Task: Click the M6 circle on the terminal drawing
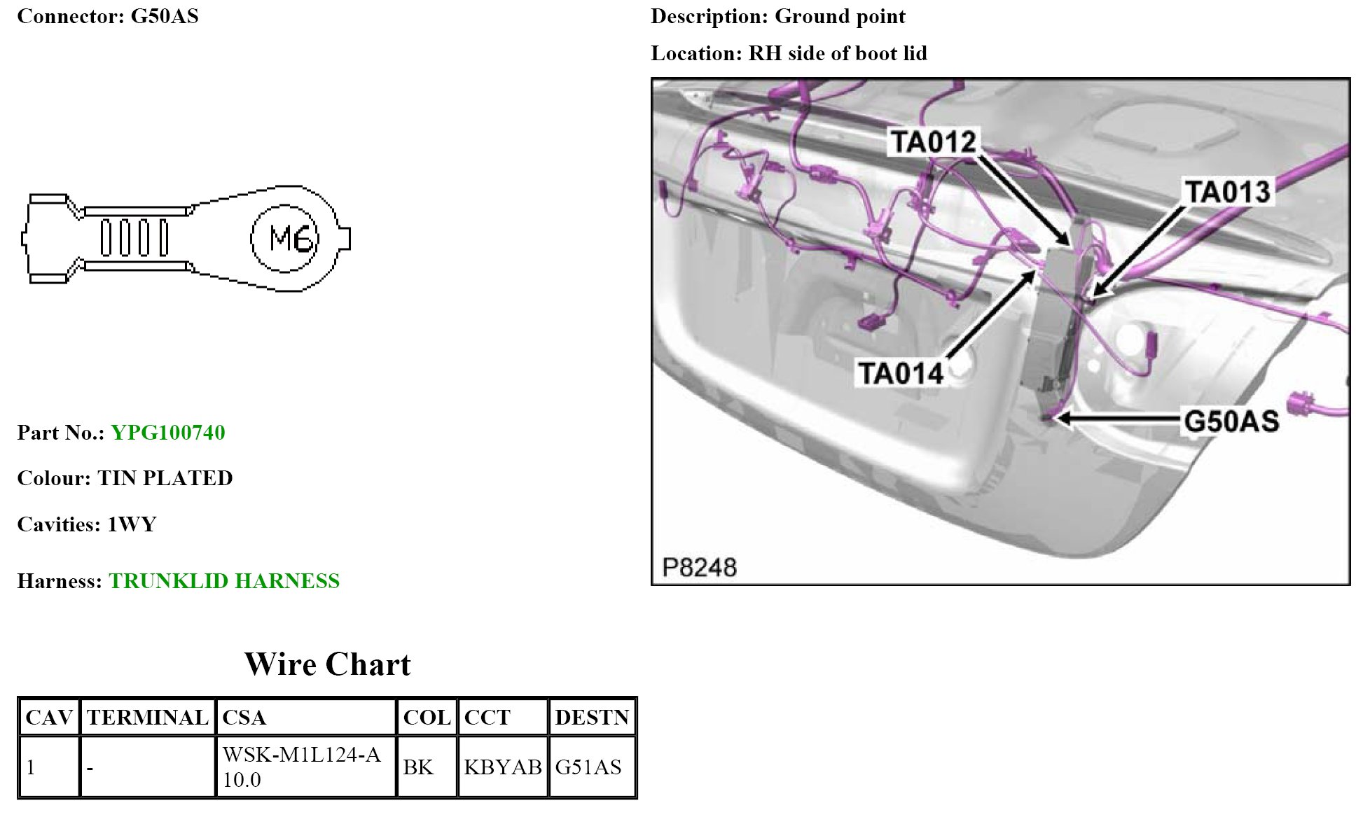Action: click(284, 239)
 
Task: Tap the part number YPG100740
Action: click(168, 433)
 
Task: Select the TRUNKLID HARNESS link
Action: click(224, 581)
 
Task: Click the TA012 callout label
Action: click(933, 142)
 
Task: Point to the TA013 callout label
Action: click(1227, 192)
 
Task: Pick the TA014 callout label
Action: click(901, 373)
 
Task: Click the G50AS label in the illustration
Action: click(1231, 421)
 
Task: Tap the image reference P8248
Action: click(699, 567)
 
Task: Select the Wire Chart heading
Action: click(327, 664)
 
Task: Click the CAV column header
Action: click(49, 718)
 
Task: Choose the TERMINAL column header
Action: click(148, 718)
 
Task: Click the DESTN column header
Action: click(592, 718)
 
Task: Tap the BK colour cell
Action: click(418, 767)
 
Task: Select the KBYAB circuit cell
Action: click(503, 767)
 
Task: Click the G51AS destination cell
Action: click(588, 767)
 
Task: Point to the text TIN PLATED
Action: click(165, 478)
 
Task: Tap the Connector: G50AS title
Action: click(108, 16)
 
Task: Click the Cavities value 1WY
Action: click(132, 524)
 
